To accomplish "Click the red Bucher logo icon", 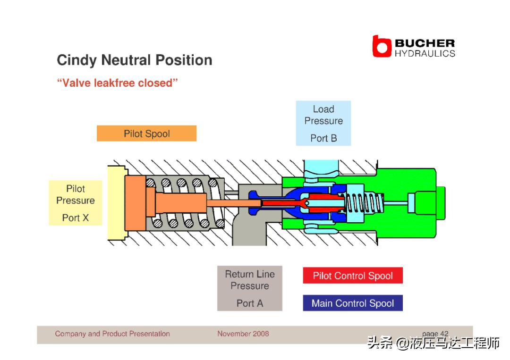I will tap(382, 47).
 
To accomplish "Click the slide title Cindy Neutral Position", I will tap(134, 60).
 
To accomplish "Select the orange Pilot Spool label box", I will tap(146, 134).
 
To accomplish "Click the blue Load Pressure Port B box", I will tap(323, 123).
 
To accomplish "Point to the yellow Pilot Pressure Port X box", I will tap(76, 203).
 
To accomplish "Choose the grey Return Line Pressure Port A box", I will tap(249, 288).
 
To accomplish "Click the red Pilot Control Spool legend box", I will tap(353, 276).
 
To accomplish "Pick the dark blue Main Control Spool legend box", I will tap(353, 303).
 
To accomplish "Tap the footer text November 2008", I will tap(243, 334).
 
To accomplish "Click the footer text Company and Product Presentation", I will tap(112, 334).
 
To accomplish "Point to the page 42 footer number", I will tap(435, 334).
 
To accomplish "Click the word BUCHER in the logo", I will tap(425, 43).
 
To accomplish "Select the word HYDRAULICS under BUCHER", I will tap(425, 53).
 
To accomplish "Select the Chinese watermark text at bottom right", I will tap(433, 343).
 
